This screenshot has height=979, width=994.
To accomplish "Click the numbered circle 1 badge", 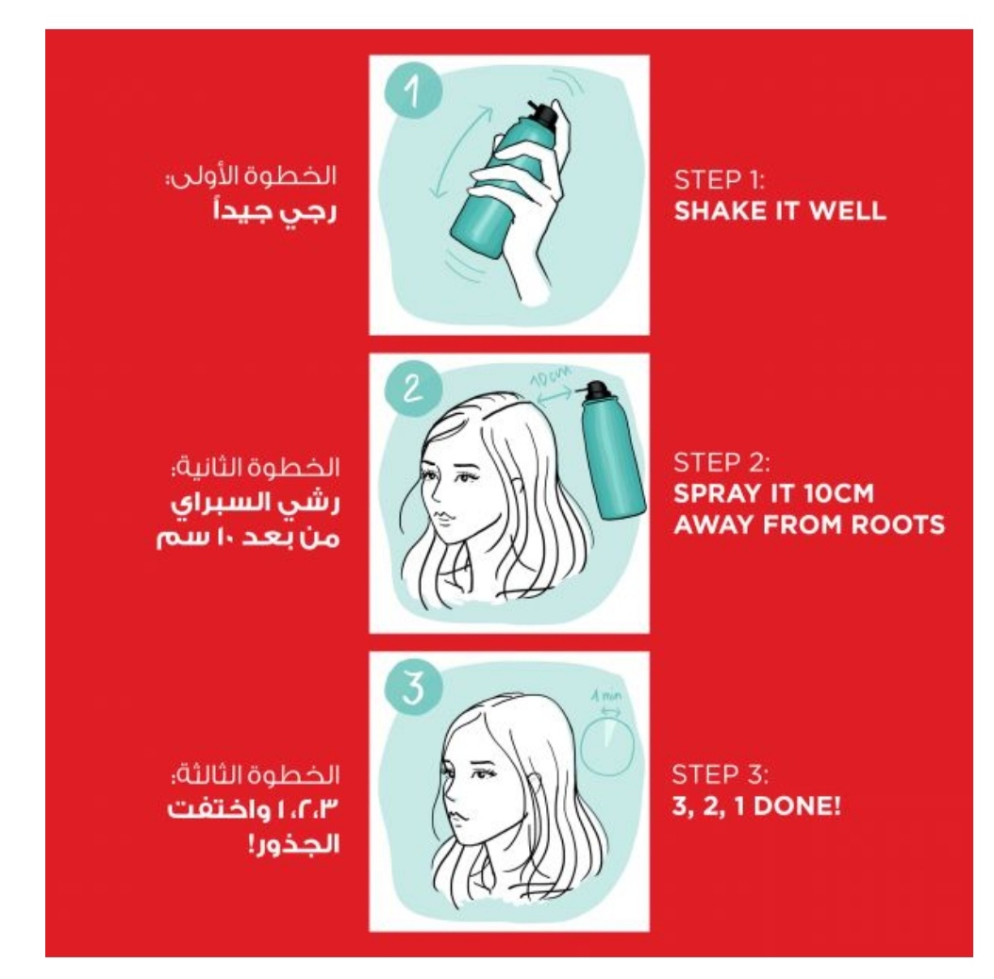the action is click(x=413, y=90).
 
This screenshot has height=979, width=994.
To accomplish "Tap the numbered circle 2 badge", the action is click(x=413, y=388).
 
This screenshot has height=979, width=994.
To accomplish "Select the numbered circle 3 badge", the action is click(x=413, y=687).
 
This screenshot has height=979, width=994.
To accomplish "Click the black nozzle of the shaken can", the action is click(x=543, y=114).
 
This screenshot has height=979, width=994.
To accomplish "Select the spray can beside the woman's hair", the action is click(x=611, y=450).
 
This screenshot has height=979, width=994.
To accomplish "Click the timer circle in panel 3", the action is click(x=608, y=747).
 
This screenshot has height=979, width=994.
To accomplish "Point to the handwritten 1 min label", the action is click(x=606, y=696).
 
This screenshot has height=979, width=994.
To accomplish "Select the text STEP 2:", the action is click(x=721, y=463).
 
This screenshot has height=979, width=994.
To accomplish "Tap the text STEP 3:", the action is click(x=721, y=775).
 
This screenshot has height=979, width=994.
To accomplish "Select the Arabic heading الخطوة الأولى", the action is click(x=251, y=175).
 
